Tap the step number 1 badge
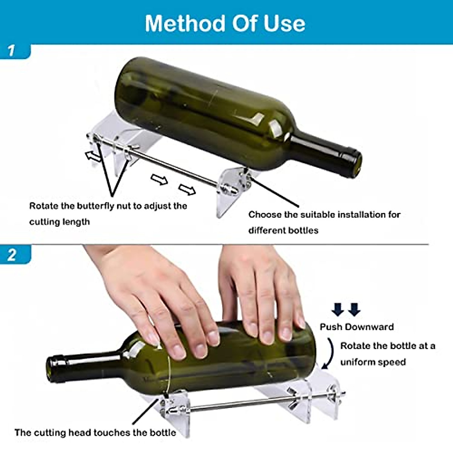tap(12, 50)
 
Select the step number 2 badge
tap(12, 255)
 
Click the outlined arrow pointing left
tap(93, 156)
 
